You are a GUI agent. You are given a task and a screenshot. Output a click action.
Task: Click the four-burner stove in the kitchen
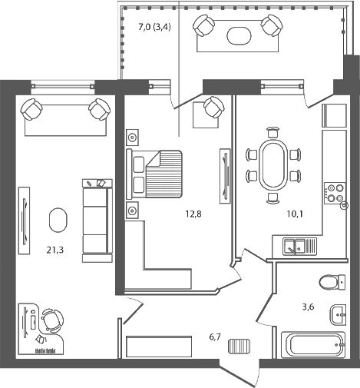pyautogui.click(x=334, y=192)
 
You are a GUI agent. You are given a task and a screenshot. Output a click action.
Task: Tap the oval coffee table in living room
pyautogui.click(x=58, y=221)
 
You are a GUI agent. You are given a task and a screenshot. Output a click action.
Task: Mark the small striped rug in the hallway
pyautogui.click(x=239, y=347)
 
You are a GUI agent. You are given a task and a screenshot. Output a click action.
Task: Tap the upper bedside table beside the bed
pyautogui.click(x=132, y=138)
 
